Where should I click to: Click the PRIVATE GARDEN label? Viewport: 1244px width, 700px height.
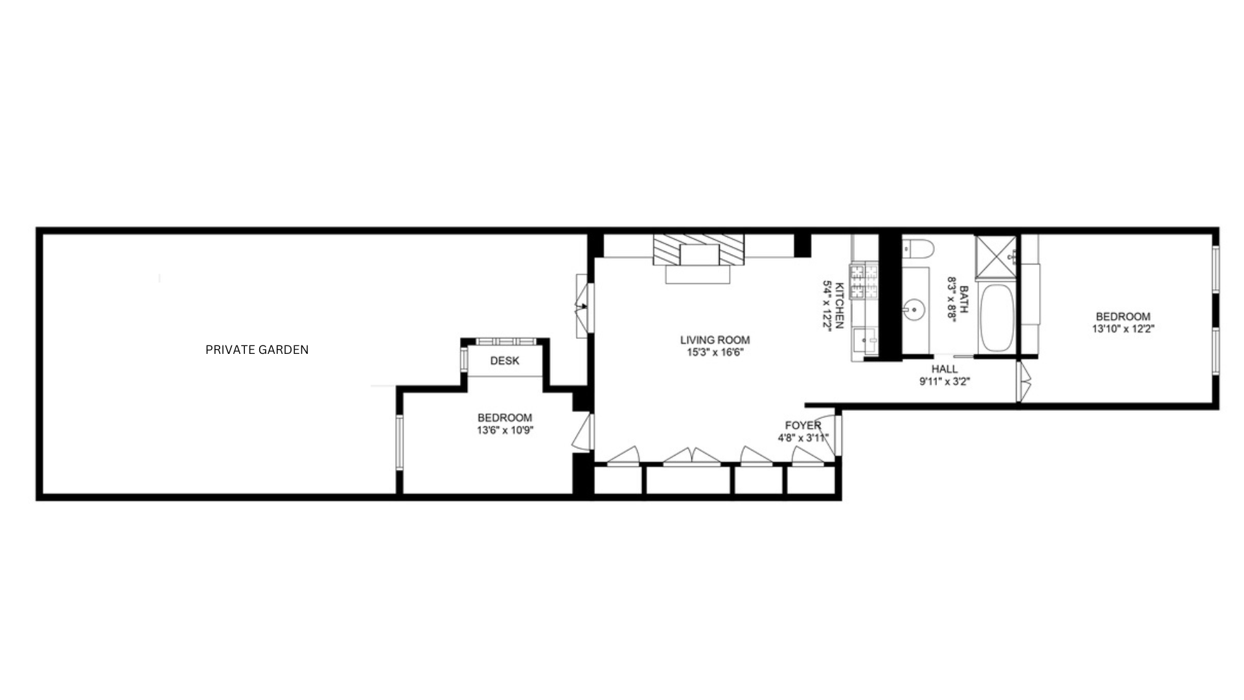coord(257,350)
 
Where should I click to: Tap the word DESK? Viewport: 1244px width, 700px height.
coord(504,361)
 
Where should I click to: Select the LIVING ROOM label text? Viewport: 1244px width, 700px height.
coord(715,340)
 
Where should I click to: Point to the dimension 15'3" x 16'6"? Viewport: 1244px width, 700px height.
coord(715,353)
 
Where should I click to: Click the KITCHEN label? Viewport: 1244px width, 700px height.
coord(839,305)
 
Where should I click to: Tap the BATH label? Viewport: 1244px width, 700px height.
coord(963,299)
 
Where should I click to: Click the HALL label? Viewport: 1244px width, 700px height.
coord(944,369)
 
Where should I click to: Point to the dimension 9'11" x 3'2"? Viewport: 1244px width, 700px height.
coord(944,382)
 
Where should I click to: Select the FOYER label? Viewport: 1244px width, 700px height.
coord(803,425)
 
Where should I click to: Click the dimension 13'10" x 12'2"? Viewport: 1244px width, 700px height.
coord(1123,329)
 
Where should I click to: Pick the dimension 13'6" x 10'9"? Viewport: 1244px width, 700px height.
coord(505,430)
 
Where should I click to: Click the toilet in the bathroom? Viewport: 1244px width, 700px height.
coord(917,248)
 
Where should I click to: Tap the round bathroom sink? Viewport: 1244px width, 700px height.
coord(914,309)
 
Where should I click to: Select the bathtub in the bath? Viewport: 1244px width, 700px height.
coord(996,318)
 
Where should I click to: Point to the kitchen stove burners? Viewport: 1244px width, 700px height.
coord(864,281)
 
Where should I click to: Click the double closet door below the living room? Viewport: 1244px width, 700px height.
coord(692,457)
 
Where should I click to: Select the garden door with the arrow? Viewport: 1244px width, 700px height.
coord(583,306)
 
